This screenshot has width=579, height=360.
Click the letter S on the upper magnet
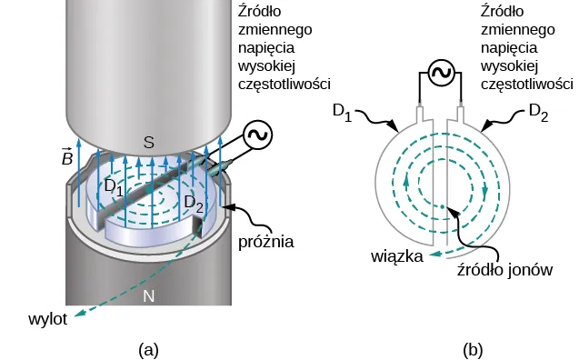tap(149, 141)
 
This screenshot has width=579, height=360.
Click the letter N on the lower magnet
tap(149, 295)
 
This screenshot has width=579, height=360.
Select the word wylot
tap(46, 319)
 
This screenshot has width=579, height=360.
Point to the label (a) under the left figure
tap(148, 348)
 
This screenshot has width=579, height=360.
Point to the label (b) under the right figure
tap(473, 348)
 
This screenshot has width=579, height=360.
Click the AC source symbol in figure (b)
tap(441, 75)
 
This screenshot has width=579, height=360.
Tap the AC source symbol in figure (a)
tap(257, 135)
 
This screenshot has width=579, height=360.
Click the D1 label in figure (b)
tap(343, 112)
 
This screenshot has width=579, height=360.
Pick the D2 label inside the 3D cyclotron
tap(194, 201)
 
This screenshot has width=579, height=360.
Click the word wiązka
tap(395, 256)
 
